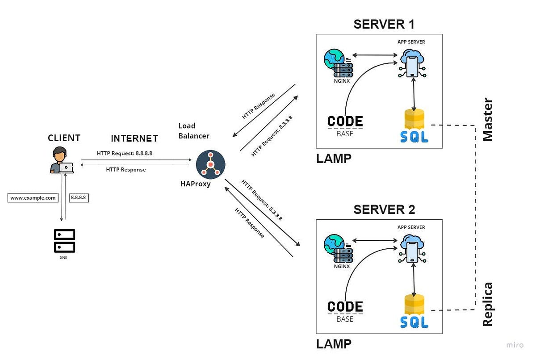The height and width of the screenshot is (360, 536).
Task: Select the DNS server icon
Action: (x=64, y=241)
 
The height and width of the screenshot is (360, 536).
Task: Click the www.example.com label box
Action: (x=33, y=198)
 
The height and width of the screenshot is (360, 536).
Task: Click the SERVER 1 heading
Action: (x=384, y=24)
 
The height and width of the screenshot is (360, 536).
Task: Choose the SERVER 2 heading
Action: (x=384, y=209)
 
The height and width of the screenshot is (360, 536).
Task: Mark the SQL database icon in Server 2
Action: (x=414, y=311)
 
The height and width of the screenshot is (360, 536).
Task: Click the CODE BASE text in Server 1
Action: (x=345, y=126)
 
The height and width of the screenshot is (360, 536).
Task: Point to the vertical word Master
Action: (x=488, y=120)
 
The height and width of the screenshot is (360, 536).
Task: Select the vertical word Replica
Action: (x=488, y=304)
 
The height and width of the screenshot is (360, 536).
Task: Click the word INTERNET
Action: (x=134, y=138)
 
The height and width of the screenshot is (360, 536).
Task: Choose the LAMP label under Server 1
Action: (x=334, y=159)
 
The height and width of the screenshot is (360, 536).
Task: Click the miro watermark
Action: (x=515, y=345)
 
